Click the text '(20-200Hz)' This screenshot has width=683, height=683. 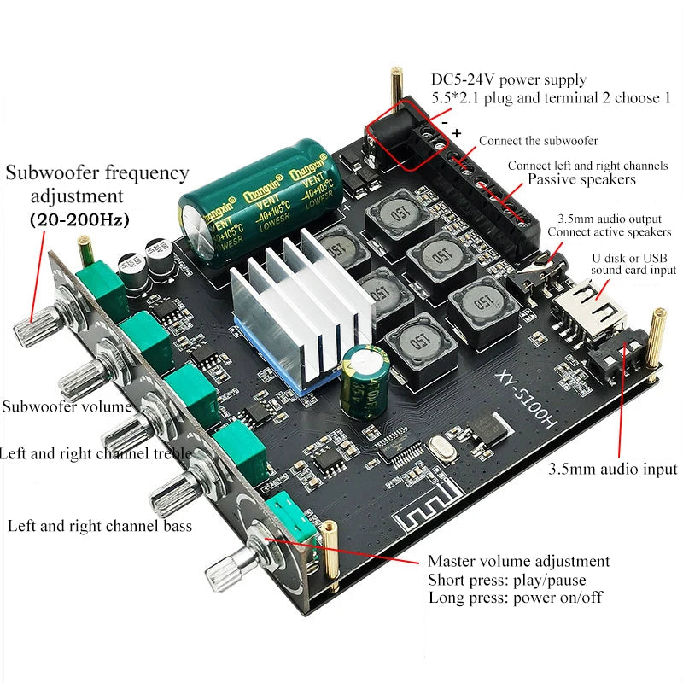click(x=79, y=219)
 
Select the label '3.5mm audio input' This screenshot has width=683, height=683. click(x=612, y=469)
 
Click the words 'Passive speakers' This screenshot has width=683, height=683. click(x=581, y=180)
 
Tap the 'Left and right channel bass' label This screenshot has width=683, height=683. click(x=99, y=525)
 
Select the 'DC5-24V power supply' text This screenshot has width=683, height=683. click(x=509, y=80)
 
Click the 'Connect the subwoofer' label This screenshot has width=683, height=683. click(x=538, y=140)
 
